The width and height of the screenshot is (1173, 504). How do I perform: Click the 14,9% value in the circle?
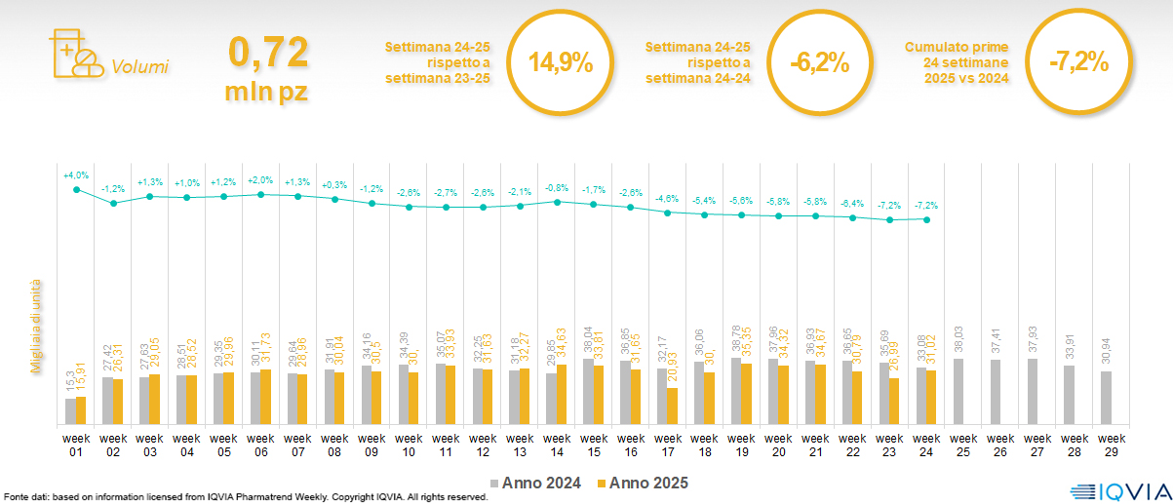(561, 63)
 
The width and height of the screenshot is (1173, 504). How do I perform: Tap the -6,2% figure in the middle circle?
(819, 63)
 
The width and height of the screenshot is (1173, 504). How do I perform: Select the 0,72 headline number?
(269, 52)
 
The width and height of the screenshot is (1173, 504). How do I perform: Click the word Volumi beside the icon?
(140, 67)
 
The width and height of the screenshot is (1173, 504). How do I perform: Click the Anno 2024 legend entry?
(539, 483)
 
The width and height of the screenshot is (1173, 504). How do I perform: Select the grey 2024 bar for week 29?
(1107, 398)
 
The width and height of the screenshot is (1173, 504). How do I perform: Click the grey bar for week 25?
(958, 392)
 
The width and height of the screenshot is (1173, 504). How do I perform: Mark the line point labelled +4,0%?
(76, 189)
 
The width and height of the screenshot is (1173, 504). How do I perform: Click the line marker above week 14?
(556, 202)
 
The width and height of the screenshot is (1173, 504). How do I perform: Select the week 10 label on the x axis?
(409, 444)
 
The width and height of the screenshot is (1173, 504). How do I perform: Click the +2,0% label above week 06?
(261, 179)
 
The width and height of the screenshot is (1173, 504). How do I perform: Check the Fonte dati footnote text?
(245, 497)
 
